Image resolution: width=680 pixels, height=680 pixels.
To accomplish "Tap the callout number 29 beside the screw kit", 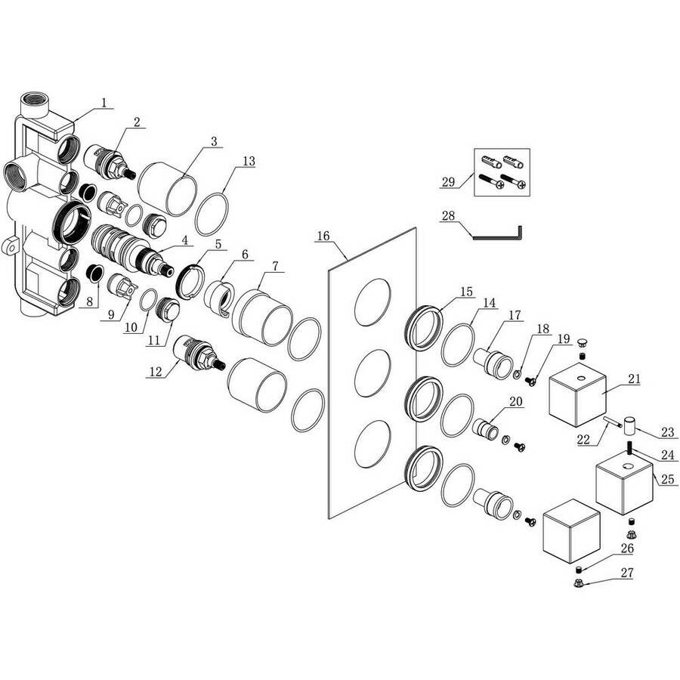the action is click(x=448, y=181).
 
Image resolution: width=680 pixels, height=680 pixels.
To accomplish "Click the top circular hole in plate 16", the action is click(x=372, y=301).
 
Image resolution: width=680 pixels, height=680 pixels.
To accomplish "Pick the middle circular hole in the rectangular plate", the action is click(x=372, y=373).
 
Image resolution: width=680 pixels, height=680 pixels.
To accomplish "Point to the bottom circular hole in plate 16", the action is click(x=372, y=444).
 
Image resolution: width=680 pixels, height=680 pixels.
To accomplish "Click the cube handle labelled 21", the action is click(x=577, y=400).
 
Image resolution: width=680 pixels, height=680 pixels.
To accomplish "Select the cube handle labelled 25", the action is click(x=625, y=487).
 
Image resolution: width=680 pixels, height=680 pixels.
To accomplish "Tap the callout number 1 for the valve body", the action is click(x=104, y=103).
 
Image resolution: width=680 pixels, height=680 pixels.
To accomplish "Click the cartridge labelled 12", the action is click(x=198, y=353).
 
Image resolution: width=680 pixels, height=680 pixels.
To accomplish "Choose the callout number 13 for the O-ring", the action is click(x=249, y=162).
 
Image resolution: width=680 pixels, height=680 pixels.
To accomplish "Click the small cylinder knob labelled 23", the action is click(x=629, y=426).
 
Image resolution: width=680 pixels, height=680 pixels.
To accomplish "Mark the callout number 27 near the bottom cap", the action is click(x=627, y=573).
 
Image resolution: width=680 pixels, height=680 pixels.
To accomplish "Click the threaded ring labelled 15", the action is click(x=424, y=328).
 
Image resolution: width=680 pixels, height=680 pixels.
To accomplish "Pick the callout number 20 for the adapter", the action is click(x=515, y=402).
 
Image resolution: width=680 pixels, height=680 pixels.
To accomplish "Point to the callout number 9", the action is click(x=111, y=314).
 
